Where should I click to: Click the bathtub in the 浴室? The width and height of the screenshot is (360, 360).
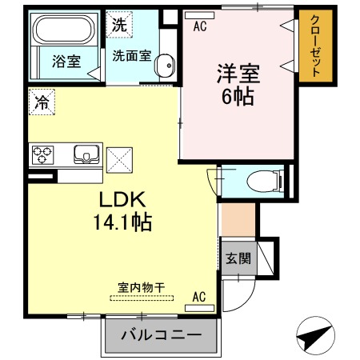65,30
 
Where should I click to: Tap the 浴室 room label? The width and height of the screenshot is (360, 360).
66,62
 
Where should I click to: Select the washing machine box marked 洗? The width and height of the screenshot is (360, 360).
119,25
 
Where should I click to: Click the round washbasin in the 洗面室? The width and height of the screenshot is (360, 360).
165,66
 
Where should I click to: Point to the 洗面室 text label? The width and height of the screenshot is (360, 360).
132,56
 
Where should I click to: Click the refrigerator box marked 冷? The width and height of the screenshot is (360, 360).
42,102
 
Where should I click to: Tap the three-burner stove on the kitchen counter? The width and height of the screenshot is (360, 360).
42,154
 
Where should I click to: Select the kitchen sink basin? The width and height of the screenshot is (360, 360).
87,154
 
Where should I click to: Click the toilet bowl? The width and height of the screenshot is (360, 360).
264,182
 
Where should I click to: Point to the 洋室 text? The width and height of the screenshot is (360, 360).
238,74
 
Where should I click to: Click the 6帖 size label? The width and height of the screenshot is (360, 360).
238,97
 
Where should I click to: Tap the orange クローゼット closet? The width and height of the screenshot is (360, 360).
316,46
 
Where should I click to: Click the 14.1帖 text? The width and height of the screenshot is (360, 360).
122,222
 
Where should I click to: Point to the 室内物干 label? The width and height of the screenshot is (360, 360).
142,288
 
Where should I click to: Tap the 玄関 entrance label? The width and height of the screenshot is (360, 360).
238,258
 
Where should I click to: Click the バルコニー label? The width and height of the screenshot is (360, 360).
161,334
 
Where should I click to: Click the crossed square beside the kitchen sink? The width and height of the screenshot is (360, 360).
119,160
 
